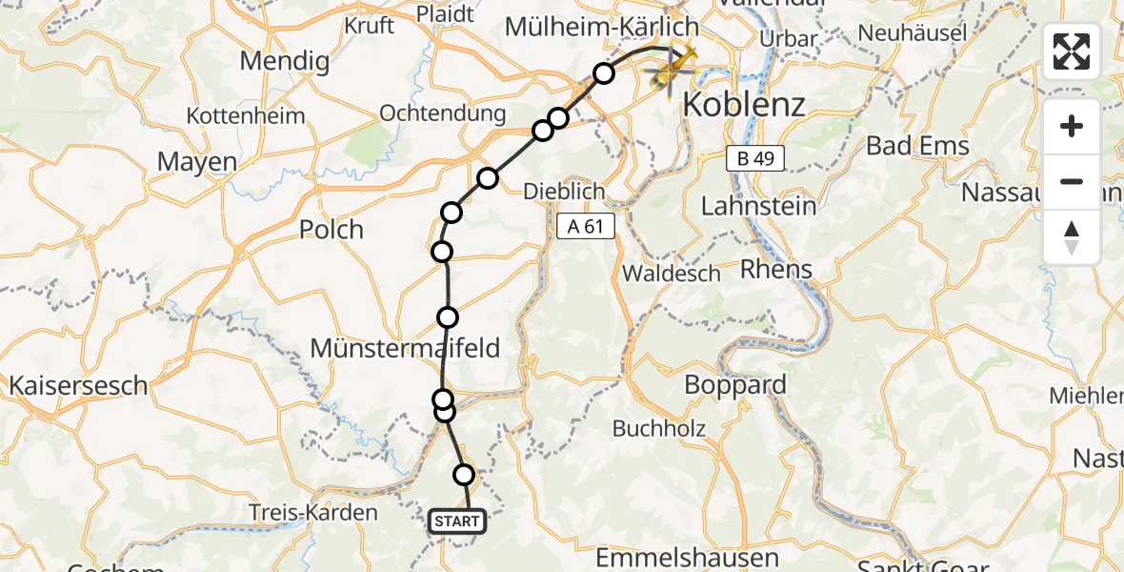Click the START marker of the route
point(457,521)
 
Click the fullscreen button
point(1072,51)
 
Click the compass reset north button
point(1072,237)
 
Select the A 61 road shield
point(587,226)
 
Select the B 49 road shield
point(754,158)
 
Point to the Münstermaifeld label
point(405,348)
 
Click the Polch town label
point(331,230)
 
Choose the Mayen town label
point(197,162)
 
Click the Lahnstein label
point(758,205)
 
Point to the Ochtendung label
point(443,113)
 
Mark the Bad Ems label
point(917,146)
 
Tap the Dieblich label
point(565,192)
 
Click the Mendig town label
point(285,62)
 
